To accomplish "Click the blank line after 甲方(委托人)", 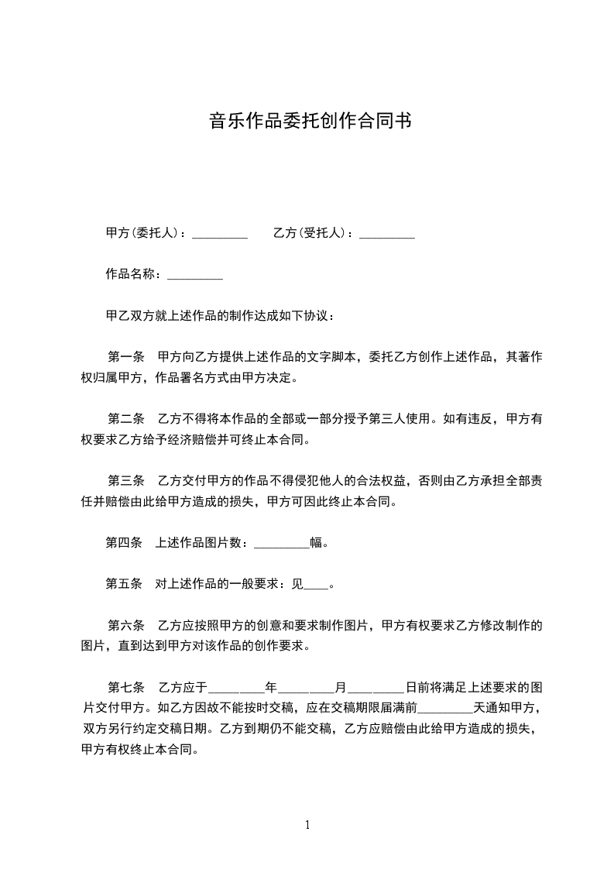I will pyautogui.click(x=219, y=233).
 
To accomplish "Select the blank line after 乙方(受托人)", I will pyautogui.click(x=387, y=233).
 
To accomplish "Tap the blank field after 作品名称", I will pyautogui.click(x=195, y=275).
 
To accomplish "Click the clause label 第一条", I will pyautogui.click(x=126, y=358).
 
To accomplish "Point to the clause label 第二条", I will pyautogui.click(x=126, y=420).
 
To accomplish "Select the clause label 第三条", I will pyautogui.click(x=126, y=481).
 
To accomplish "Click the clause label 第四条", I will pyautogui.click(x=124, y=543).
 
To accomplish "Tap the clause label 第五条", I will pyautogui.click(x=124, y=584).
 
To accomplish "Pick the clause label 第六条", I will pyautogui.click(x=126, y=626).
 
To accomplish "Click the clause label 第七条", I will pyautogui.click(x=126, y=688).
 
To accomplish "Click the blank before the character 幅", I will pyautogui.click(x=282, y=544).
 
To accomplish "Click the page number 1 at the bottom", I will pyautogui.click(x=307, y=825).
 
